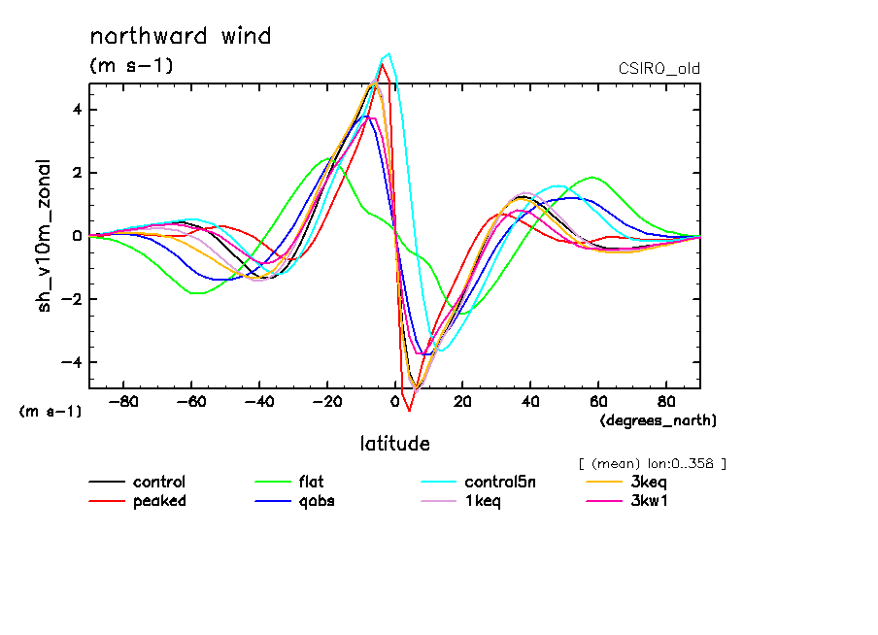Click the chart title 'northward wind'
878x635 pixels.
tap(180, 37)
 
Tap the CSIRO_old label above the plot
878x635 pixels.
tap(658, 69)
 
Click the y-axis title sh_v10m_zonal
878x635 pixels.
tap(45, 236)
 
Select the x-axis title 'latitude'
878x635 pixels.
tap(394, 444)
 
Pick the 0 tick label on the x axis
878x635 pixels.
tap(395, 401)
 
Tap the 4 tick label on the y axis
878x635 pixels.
tap(76, 109)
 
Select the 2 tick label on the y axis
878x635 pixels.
tap(76, 173)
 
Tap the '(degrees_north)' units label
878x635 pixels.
tap(658, 419)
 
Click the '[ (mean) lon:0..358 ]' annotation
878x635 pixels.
tap(652, 463)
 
